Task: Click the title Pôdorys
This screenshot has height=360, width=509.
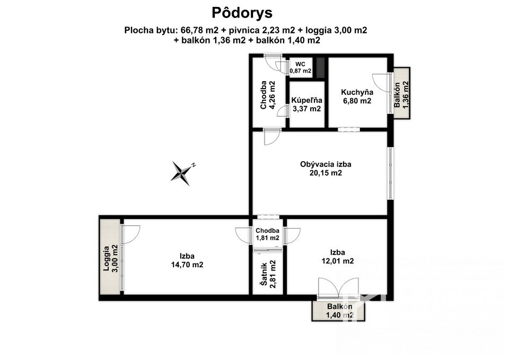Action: pyautogui.click(x=242, y=13)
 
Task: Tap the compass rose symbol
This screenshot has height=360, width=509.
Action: pyautogui.click(x=182, y=173)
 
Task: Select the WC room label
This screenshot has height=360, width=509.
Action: pyautogui.click(x=300, y=64)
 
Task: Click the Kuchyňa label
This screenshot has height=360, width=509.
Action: pyautogui.click(x=357, y=92)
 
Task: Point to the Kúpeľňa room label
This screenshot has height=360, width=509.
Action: pyautogui.click(x=307, y=100)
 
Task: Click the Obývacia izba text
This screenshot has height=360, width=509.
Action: pyautogui.click(x=326, y=164)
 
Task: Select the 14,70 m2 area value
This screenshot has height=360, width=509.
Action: pyautogui.click(x=187, y=265)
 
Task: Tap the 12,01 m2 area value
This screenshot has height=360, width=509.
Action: pyautogui.click(x=338, y=261)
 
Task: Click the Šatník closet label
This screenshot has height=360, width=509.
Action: pyautogui.click(x=265, y=274)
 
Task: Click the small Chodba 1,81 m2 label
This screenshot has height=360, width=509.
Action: pyautogui.click(x=267, y=234)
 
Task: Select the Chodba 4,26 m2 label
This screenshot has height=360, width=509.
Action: pyautogui.click(x=267, y=95)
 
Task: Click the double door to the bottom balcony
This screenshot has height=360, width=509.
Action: pyautogui.click(x=339, y=287)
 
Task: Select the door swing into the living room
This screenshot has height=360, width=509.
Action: pyautogui.click(x=272, y=137)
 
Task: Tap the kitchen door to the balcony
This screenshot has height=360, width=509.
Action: pyautogui.click(x=381, y=84)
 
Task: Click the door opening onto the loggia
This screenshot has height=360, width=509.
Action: pyautogui.click(x=130, y=234)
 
